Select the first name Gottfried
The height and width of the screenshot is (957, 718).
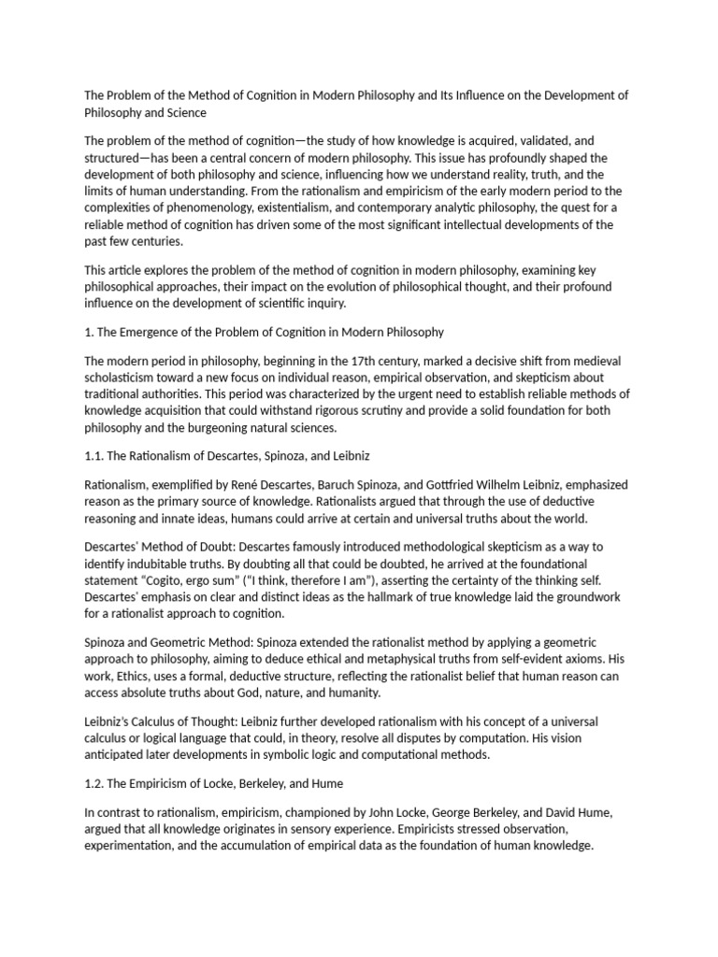pos(449,485)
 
